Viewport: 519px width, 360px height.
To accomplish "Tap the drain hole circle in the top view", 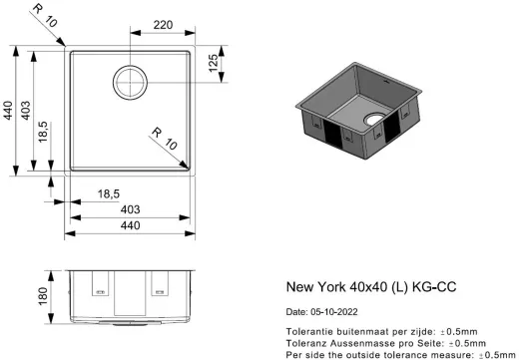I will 130,80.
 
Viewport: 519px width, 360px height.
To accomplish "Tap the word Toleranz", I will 307,342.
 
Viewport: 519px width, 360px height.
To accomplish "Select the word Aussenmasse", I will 365,342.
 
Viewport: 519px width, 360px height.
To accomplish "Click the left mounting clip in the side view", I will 99,285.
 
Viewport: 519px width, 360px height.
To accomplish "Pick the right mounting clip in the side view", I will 160,285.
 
